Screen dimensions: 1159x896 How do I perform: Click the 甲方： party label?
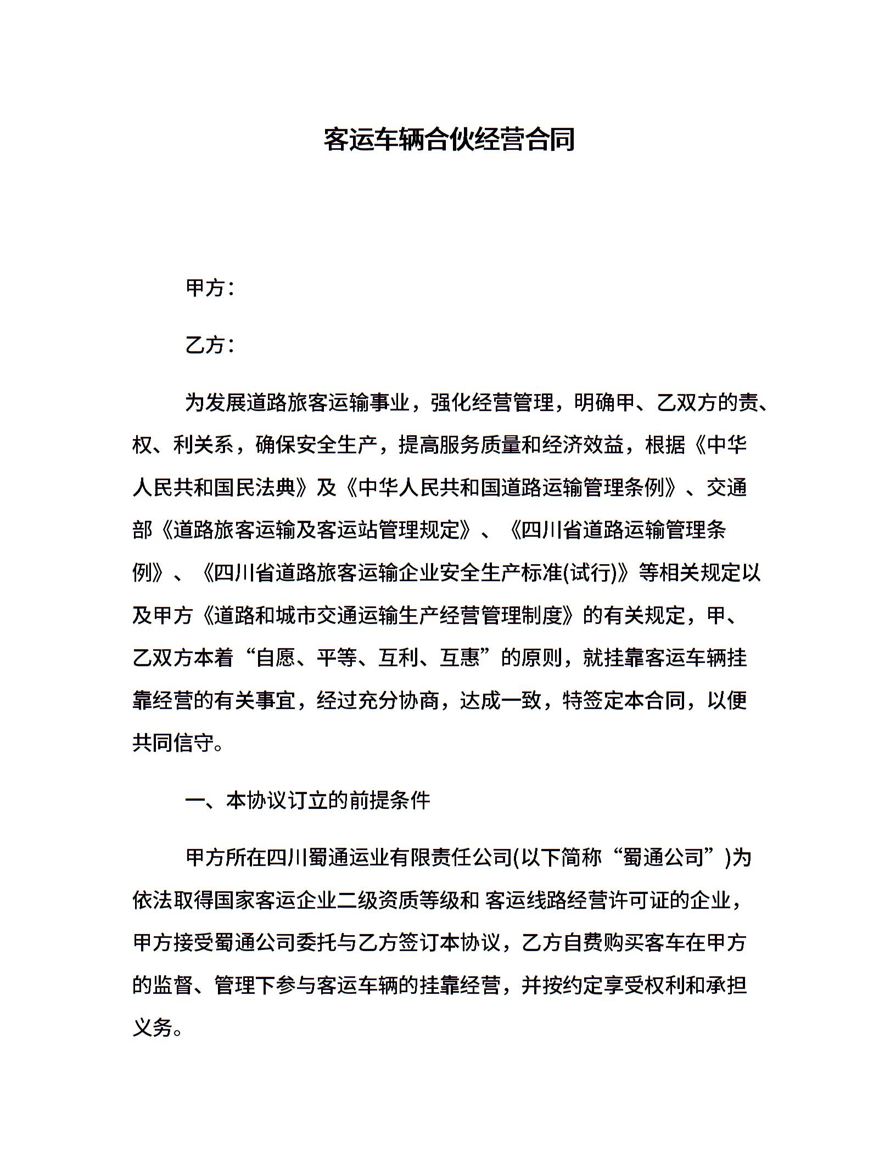211,288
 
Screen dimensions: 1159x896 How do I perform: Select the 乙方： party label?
211,345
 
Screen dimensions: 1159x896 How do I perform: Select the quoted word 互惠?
459,657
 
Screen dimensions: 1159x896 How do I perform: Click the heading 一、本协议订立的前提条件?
307,801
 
